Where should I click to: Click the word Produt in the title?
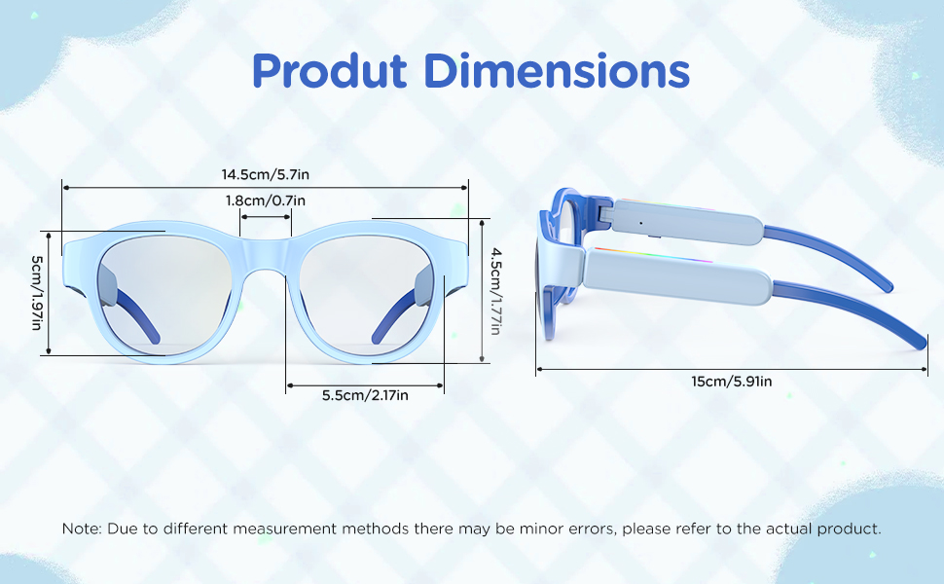(330, 72)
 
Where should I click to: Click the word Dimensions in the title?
(557, 70)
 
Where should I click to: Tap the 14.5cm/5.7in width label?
(266, 174)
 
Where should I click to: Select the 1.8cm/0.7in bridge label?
(266, 201)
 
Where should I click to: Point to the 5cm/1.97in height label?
(37, 293)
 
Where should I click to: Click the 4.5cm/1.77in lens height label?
(495, 291)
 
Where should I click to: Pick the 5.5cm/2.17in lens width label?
(365, 395)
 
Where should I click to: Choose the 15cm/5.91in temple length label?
(732, 382)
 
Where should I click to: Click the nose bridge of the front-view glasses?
(266, 254)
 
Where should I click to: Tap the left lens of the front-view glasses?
(163, 295)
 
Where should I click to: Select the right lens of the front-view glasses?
(367, 295)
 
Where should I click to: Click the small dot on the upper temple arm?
(640, 223)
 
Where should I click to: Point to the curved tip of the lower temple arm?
(920, 343)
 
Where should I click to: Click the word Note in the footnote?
(82, 529)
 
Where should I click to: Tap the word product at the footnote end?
(849, 529)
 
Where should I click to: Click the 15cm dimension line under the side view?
(732, 369)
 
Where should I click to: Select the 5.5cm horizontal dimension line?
(365, 385)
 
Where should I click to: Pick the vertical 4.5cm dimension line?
(482, 291)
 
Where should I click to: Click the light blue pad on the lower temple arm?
(677, 275)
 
